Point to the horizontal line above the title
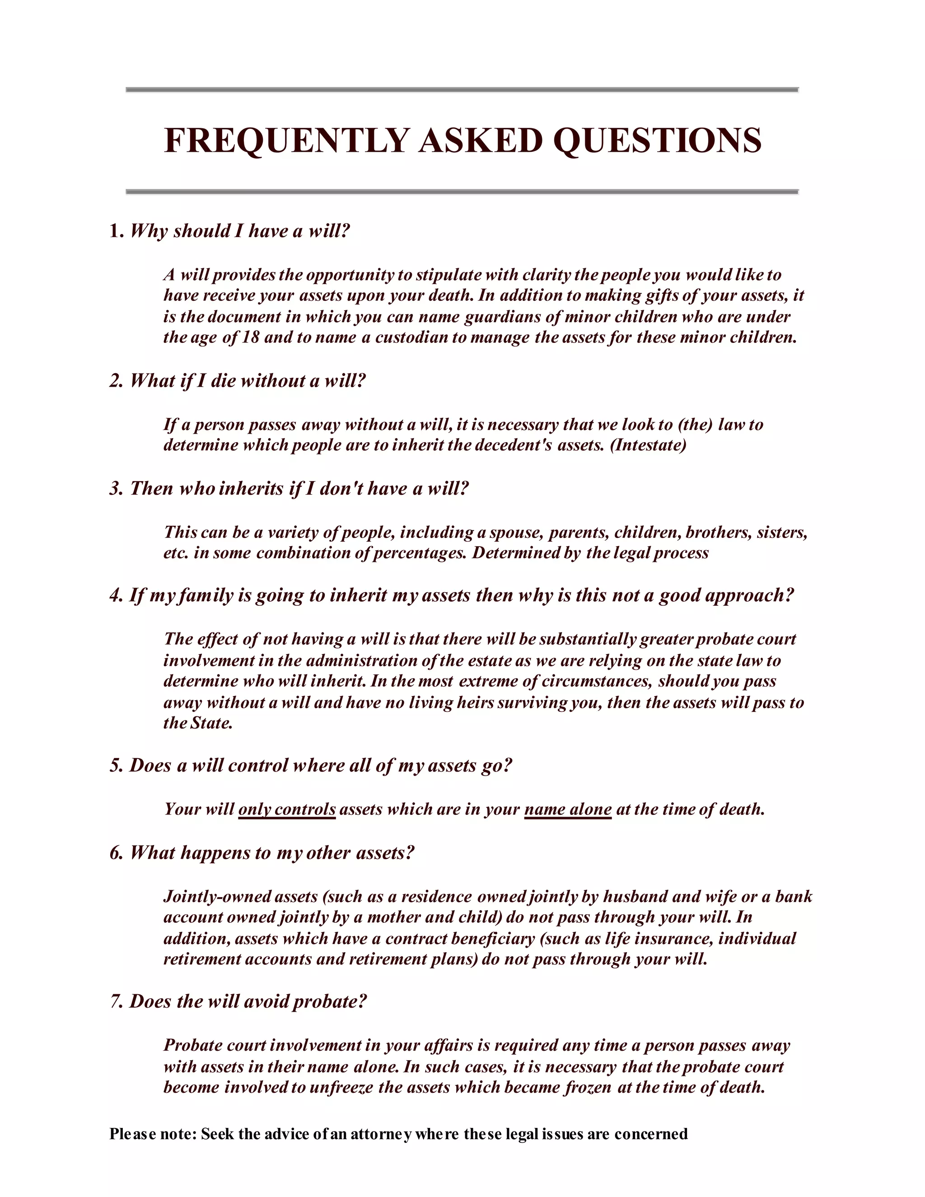[462, 89]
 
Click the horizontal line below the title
[462, 192]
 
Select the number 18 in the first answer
[250, 337]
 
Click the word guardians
[506, 317]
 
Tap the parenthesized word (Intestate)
[648, 444]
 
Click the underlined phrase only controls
[287, 809]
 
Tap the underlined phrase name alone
[568, 809]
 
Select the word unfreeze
[341, 1087]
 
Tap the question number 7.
[116, 1001]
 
